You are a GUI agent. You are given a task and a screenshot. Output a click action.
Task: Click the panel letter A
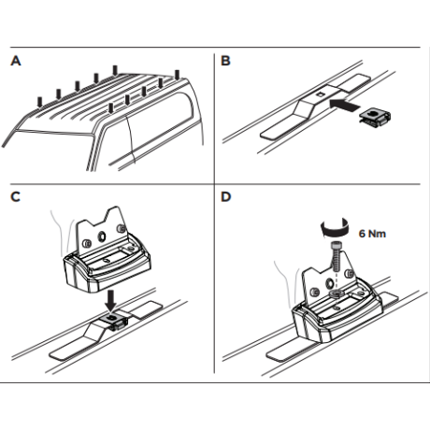coord(16,61)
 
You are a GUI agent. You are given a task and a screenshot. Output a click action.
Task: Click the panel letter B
coord(225,61)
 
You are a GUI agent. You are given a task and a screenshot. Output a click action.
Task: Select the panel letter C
coord(15,196)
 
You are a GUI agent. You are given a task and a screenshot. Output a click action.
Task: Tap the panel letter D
coord(225,196)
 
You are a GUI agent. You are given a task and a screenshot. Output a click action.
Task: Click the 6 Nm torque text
coord(372,234)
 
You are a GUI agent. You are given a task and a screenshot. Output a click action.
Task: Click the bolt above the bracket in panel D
coord(336,257)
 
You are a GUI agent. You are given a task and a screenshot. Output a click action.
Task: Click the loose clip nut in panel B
coord(375,118)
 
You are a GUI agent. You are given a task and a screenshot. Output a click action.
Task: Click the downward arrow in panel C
coord(110,301)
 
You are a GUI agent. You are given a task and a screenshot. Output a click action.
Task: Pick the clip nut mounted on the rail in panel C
coord(115,321)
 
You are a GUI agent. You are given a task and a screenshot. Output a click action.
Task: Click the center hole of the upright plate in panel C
coord(102,236)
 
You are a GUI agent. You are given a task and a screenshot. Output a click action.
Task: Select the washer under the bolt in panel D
coord(336,293)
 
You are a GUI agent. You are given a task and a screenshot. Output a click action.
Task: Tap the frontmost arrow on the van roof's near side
coord(111,108)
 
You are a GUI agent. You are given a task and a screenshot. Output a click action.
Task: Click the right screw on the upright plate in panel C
coord(120,229)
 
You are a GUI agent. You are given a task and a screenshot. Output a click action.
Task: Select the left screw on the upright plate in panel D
coord(316,292)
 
